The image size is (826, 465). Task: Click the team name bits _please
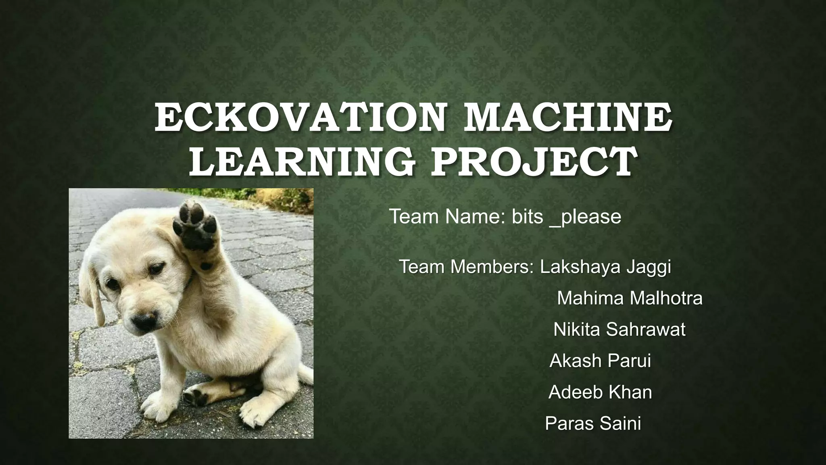(x=567, y=217)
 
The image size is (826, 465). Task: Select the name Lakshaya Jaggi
(x=605, y=267)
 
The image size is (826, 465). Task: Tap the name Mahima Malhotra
(x=630, y=298)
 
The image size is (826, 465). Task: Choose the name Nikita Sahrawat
(x=619, y=329)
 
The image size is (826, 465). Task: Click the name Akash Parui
(x=600, y=360)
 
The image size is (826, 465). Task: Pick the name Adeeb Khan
(x=600, y=392)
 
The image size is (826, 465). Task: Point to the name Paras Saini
(x=593, y=423)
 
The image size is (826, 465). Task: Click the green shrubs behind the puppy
(x=284, y=198)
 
